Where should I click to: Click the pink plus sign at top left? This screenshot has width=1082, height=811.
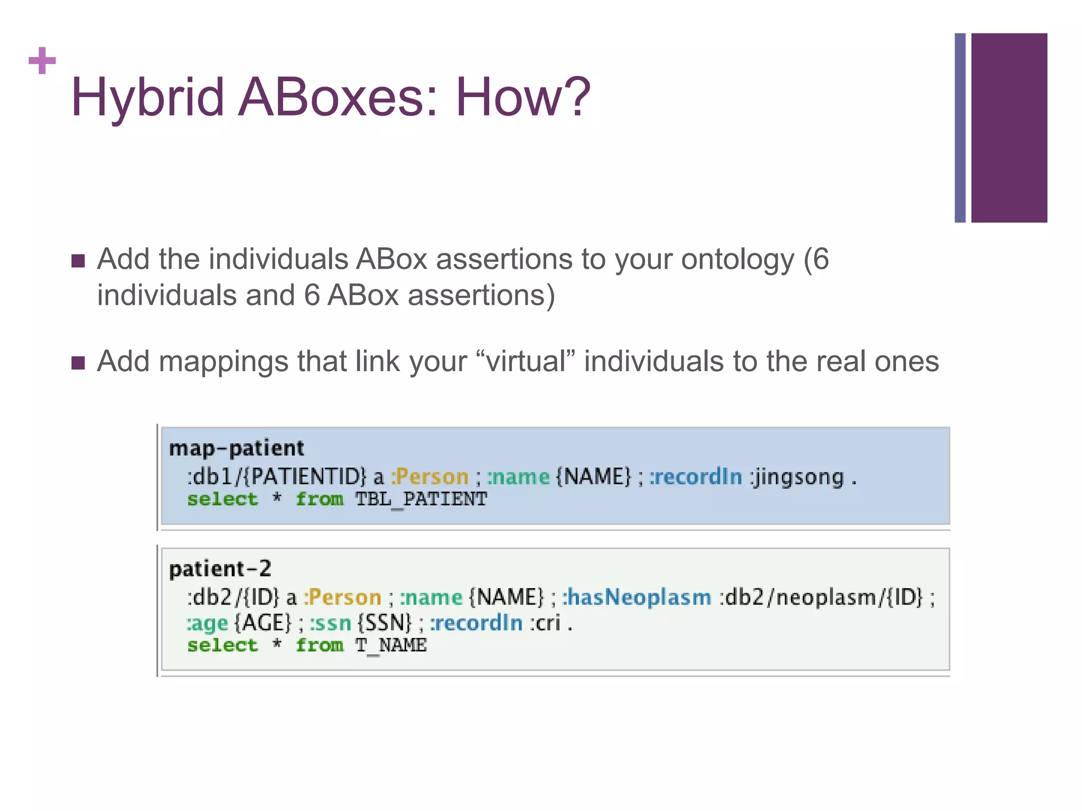[42, 61]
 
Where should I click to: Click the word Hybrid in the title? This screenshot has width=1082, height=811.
[147, 98]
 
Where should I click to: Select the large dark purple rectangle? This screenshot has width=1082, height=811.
[1009, 128]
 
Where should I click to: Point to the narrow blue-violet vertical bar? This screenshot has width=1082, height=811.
[960, 128]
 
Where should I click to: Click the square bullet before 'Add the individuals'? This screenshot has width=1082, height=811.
[78, 261]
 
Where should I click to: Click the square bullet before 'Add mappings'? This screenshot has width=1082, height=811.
[78, 363]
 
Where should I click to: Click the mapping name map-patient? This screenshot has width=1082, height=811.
[236, 448]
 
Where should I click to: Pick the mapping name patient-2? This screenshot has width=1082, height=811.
[220, 569]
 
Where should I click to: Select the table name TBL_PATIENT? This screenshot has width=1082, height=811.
[421, 499]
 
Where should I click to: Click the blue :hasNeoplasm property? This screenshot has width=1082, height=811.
[636, 597]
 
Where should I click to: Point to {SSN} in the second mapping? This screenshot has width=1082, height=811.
[384, 623]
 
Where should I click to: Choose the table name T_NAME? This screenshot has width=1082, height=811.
[390, 645]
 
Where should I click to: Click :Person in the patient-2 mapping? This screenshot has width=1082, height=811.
[342, 597]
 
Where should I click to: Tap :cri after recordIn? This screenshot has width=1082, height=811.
[545, 623]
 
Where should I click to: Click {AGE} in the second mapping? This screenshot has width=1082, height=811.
[262, 623]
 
